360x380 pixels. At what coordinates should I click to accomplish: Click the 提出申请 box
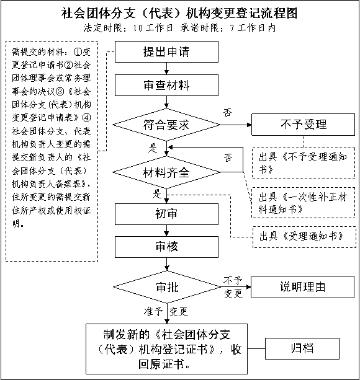pyautogui.click(x=166, y=51)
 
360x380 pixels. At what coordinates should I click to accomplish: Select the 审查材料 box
pyautogui.click(x=166, y=85)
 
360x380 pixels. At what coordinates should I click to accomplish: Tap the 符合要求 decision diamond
pyautogui.click(x=166, y=125)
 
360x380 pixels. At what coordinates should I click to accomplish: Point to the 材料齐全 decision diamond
pyautogui.click(x=166, y=172)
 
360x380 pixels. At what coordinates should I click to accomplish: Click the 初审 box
pyautogui.click(x=166, y=214)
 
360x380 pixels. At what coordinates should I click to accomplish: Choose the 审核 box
pyautogui.click(x=166, y=247)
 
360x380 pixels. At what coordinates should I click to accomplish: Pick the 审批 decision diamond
pyautogui.click(x=167, y=287)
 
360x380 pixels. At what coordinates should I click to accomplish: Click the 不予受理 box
pyautogui.click(x=304, y=125)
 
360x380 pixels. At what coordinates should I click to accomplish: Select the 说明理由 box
pyautogui.click(x=302, y=287)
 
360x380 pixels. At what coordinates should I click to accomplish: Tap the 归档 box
pyautogui.click(x=302, y=348)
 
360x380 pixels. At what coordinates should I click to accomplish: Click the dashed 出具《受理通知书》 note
pyautogui.click(x=304, y=237)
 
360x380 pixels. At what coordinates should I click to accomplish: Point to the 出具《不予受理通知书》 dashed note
pyautogui.click(x=304, y=163)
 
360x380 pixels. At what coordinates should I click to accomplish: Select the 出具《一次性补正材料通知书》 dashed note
pyautogui.click(x=304, y=203)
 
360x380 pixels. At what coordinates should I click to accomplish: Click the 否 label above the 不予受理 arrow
pyautogui.click(x=228, y=112)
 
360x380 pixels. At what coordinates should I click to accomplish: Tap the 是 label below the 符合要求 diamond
pyautogui.click(x=153, y=148)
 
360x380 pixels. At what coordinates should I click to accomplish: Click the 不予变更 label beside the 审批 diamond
pyautogui.click(x=233, y=287)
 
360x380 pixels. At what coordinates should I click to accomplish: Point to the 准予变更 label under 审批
pyautogui.click(x=166, y=311)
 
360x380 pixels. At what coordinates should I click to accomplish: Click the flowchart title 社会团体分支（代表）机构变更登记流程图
pyautogui.click(x=179, y=13)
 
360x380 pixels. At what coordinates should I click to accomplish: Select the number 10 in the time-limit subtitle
pyautogui.click(x=138, y=29)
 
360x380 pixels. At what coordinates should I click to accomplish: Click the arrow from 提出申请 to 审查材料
pyautogui.click(x=166, y=68)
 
